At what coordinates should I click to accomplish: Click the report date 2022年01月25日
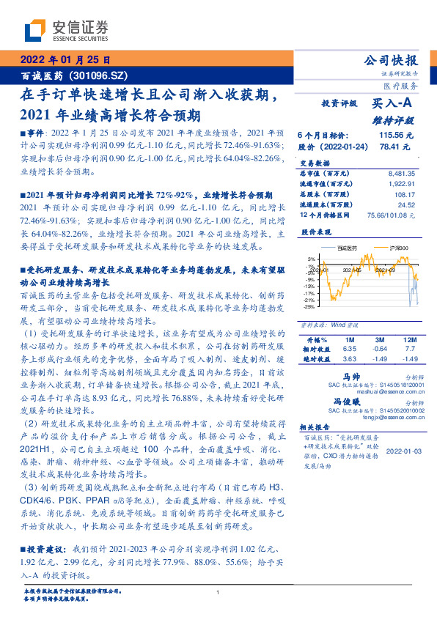point(65,60)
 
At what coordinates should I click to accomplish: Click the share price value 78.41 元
point(399,147)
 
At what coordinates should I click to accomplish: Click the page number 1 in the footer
point(218,593)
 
